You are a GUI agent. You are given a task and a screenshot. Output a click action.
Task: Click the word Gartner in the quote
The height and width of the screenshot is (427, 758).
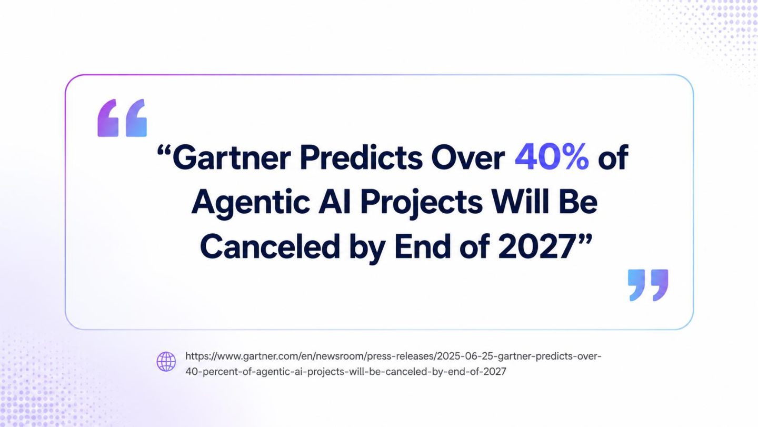(x=232, y=157)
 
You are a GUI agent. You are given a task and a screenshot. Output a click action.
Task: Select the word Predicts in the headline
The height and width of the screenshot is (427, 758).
(x=361, y=157)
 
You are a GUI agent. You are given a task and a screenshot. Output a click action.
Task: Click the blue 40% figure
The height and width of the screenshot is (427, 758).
(x=552, y=157)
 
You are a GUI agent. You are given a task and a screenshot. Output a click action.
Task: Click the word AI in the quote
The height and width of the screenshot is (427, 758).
(x=335, y=202)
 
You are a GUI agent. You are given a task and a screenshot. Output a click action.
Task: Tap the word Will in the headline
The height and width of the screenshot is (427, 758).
(x=520, y=202)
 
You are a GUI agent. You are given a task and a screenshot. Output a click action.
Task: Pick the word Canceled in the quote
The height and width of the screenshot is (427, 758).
(x=270, y=246)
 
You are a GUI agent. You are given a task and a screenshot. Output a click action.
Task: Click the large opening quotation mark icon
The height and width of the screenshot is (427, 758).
(x=122, y=118)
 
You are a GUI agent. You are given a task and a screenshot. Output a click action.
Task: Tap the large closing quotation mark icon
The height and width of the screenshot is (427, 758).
(x=648, y=285)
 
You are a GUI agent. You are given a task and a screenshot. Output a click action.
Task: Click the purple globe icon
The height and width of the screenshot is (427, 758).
(x=166, y=361)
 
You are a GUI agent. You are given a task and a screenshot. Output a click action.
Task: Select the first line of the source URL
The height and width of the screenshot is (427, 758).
(x=393, y=356)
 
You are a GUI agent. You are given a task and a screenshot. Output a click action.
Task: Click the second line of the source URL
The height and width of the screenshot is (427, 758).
(x=345, y=372)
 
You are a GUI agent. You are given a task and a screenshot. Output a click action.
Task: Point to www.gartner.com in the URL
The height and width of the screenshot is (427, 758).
(x=258, y=356)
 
